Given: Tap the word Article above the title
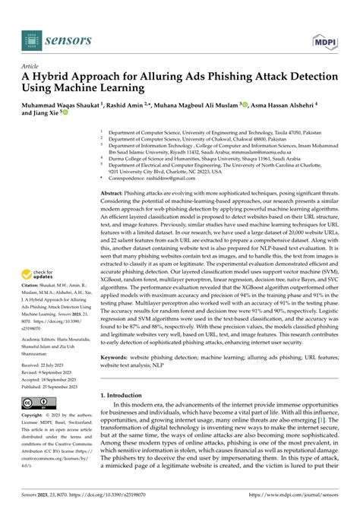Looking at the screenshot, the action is pyautogui.click(x=33, y=66).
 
